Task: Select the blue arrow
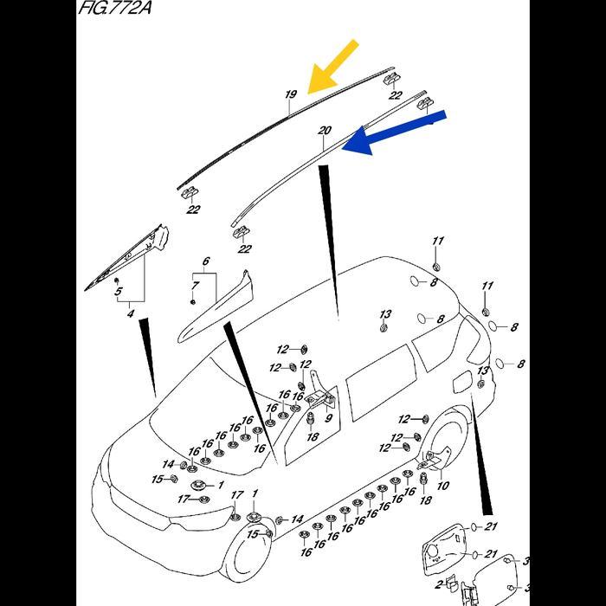[x=394, y=131]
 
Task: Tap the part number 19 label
[x=291, y=93]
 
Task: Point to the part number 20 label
[x=324, y=131]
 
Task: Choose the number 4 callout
[x=130, y=313]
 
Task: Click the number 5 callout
[x=119, y=293]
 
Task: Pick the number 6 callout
[x=206, y=261]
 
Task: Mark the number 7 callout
[x=196, y=285]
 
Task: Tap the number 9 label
[x=328, y=419]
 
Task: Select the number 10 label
[x=442, y=486]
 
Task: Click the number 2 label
[x=439, y=585]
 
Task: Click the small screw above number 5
[x=118, y=280]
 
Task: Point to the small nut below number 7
[x=192, y=300]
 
